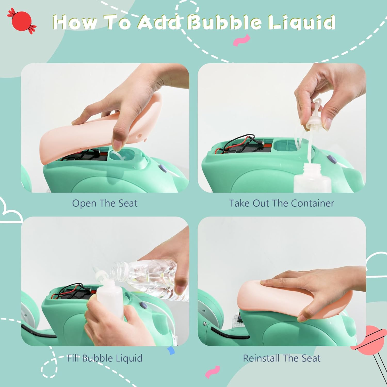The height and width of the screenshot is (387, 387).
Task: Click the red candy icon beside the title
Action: (22, 21)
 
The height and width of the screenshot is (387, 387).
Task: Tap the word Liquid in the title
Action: (301, 22)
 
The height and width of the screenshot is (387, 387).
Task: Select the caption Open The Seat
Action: (105, 203)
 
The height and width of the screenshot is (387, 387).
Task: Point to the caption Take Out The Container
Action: (282, 203)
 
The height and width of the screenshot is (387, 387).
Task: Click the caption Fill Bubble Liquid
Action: (105, 358)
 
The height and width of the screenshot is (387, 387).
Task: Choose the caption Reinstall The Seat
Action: (282, 358)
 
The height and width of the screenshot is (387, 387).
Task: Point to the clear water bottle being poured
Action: (150, 280)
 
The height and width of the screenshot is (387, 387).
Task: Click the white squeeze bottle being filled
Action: (110, 297)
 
